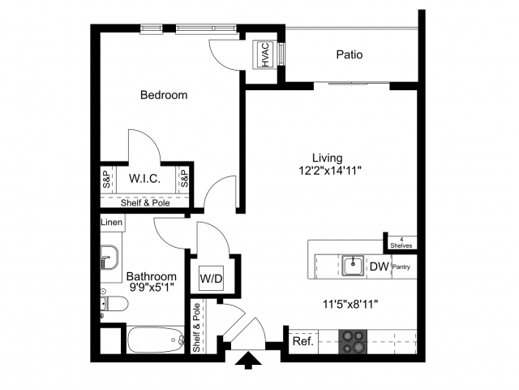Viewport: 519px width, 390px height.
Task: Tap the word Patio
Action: pyautogui.click(x=350, y=55)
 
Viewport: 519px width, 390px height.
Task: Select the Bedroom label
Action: pyautogui.click(x=164, y=95)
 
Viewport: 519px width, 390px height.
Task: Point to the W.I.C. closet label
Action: pyautogui.click(x=144, y=178)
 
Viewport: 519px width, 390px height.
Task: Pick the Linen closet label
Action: pyautogui.click(x=112, y=222)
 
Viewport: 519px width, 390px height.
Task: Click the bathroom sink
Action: pyautogui.click(x=109, y=258)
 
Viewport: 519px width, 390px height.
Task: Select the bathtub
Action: pyautogui.click(x=156, y=340)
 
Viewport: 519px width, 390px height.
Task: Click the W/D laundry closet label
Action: pyautogui.click(x=212, y=279)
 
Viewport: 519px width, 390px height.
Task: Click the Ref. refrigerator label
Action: pyautogui.click(x=302, y=341)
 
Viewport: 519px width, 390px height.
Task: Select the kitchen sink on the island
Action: pyautogui.click(x=352, y=265)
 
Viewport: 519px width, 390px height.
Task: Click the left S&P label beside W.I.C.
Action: pyautogui.click(x=106, y=178)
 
